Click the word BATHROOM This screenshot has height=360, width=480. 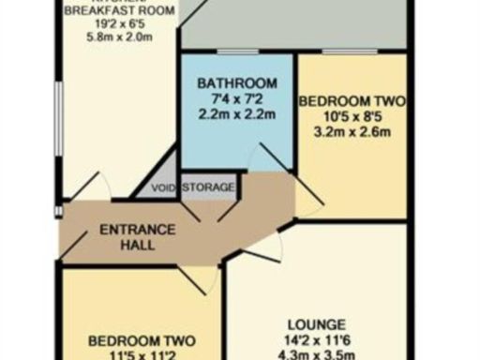(236, 82)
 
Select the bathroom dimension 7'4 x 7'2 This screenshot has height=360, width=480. (236, 99)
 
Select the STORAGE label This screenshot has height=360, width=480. (208, 187)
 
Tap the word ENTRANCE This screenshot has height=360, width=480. (137, 230)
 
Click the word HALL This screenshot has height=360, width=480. (137, 245)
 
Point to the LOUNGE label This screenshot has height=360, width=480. (318, 323)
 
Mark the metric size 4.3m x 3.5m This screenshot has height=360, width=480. (318, 354)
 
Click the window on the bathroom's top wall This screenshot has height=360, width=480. (238, 51)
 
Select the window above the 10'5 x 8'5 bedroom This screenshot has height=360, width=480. (351, 51)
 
